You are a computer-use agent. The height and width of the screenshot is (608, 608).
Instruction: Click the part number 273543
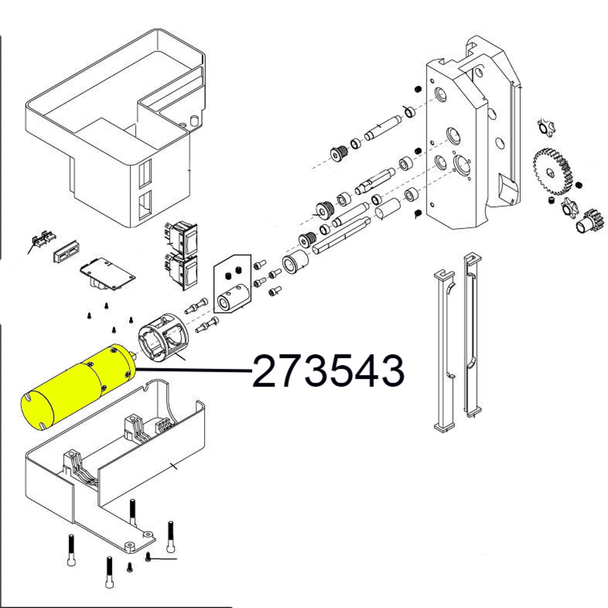[x=328, y=371]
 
